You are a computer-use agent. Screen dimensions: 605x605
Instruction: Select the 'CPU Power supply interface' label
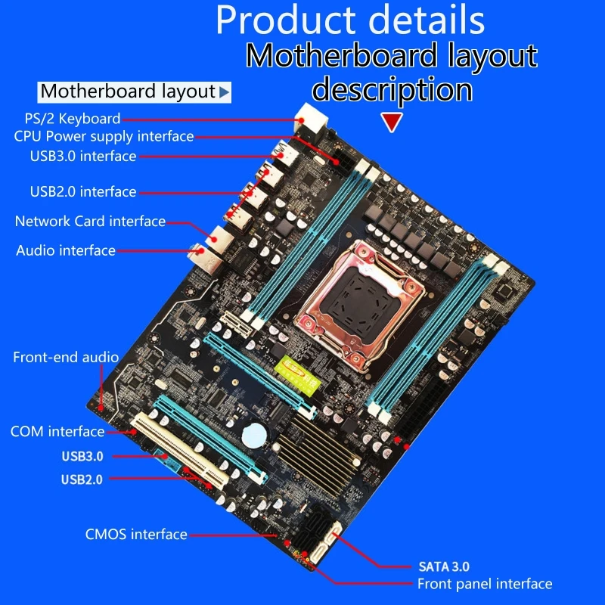104,137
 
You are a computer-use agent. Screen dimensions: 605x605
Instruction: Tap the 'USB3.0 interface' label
83,157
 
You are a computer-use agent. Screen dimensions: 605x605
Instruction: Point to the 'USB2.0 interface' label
83,191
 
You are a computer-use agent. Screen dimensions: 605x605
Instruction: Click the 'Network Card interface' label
90,222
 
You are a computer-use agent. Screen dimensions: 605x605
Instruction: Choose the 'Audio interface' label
66,250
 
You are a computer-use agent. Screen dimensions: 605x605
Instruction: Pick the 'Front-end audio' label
66,357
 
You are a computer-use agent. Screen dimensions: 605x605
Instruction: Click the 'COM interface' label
57,432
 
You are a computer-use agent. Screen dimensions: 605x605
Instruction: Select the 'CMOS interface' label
136,535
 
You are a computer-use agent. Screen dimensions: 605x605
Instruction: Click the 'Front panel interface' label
485,584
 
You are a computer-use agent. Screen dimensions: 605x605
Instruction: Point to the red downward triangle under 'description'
391,123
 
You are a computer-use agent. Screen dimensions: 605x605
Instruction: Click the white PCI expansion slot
181,450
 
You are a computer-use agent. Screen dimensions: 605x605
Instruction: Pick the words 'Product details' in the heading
350,20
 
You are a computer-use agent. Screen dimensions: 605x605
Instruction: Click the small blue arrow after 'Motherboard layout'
224,92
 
